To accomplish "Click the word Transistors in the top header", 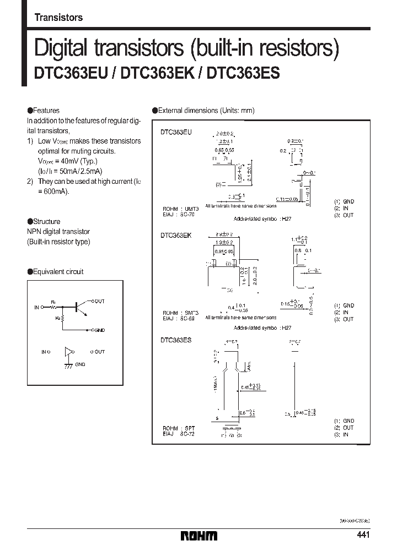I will tap(58, 17).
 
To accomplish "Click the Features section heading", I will tap(46, 111).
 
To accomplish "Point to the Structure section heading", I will tap(47, 222).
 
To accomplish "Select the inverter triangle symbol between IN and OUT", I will tap(69, 352).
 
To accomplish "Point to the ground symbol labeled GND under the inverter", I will tap(68, 365).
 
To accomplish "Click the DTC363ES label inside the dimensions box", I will tap(176, 341).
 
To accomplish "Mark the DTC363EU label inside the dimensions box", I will tap(176, 133).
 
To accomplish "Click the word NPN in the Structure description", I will tap(34, 232).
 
